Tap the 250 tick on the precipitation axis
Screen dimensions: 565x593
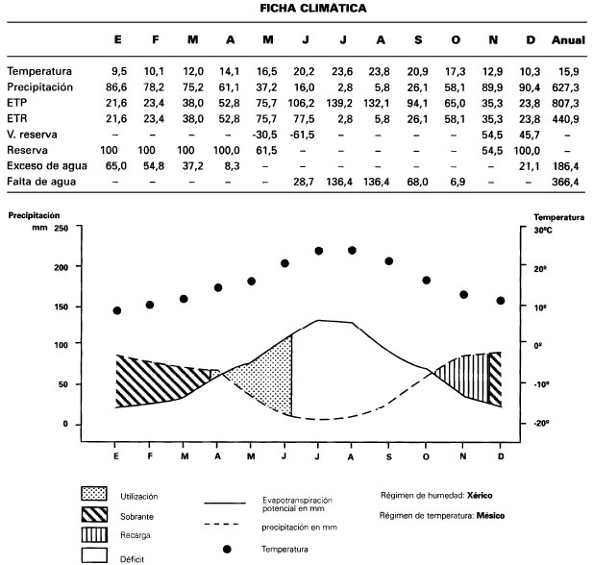(x=61, y=228)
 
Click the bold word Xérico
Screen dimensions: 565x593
(x=481, y=495)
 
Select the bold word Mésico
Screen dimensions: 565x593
(x=488, y=516)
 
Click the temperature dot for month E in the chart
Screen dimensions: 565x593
(x=117, y=310)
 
